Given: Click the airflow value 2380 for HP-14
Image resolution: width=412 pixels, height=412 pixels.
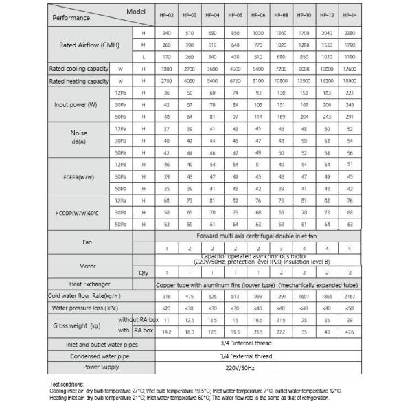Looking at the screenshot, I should pyautogui.click(x=349, y=32).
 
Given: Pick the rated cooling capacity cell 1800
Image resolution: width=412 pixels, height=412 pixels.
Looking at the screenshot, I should pyautogui.click(x=167, y=69).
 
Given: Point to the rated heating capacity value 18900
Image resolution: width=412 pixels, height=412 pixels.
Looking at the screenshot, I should pyautogui.click(x=349, y=81).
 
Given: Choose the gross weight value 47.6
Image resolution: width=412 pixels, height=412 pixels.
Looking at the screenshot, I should pyautogui.click(x=349, y=332).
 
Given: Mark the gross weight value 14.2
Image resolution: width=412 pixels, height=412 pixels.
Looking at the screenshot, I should pyautogui.click(x=167, y=332).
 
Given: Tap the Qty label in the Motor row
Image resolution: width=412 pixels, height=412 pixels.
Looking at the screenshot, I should pyautogui.click(x=143, y=272).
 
